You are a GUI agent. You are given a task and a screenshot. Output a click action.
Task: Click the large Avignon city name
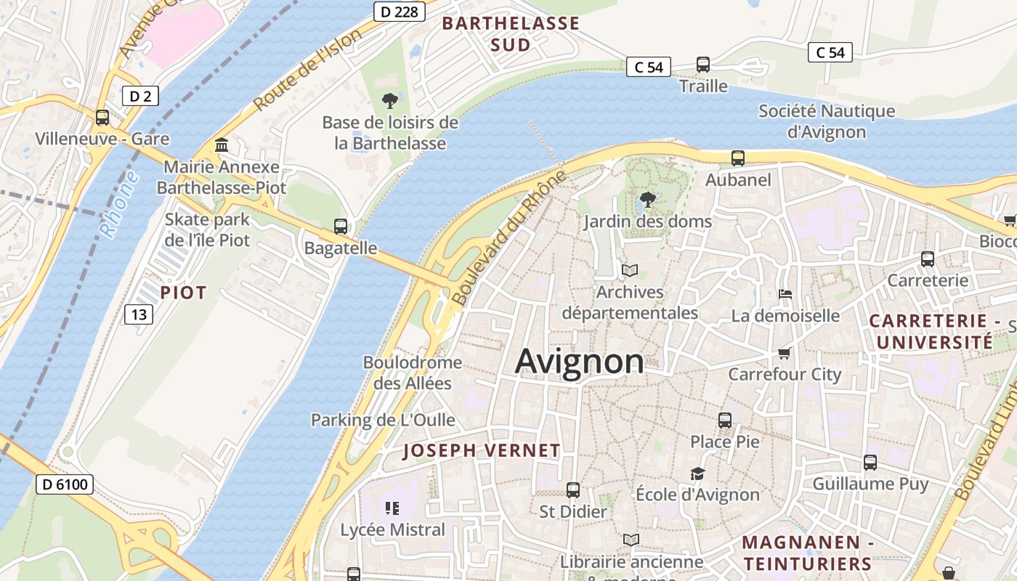[579, 362]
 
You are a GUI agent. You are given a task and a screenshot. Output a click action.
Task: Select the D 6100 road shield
[65, 484]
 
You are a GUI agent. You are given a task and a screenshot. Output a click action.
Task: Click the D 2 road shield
[139, 96]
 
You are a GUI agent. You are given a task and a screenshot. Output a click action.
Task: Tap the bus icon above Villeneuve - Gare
[102, 117]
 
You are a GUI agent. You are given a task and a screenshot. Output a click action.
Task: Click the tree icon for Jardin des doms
[647, 199]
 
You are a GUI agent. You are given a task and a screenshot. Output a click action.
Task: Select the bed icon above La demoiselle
[785, 294]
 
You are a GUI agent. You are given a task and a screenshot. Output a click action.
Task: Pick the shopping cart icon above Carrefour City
[784, 353]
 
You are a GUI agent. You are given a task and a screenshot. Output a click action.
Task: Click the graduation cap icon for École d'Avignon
[697, 474]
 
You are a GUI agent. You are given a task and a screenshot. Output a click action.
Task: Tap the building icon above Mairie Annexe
[222, 145]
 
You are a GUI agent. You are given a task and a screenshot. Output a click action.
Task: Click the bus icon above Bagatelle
[341, 226]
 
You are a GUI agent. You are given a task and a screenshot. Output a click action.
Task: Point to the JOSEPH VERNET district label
[482, 450]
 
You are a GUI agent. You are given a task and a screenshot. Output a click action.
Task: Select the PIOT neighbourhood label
[184, 293]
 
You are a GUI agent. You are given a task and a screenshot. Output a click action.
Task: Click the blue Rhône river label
[119, 204]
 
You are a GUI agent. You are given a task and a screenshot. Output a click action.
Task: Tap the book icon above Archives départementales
[630, 271]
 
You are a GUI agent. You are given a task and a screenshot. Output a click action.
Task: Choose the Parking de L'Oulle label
[383, 420]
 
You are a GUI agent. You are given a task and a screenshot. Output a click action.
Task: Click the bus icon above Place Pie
[725, 420]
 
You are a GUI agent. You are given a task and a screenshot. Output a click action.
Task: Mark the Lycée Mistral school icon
[393, 508]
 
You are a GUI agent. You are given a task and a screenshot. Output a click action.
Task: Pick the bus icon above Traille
[703, 64]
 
